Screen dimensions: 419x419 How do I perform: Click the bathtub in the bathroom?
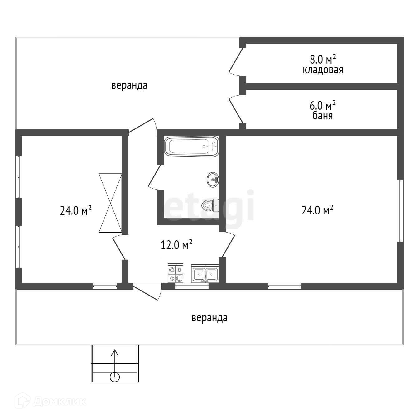[x=191, y=146]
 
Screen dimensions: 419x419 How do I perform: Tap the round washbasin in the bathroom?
[x=213, y=180]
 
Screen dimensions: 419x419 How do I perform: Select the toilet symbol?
[x=210, y=205]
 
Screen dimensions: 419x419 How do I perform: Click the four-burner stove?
[x=176, y=273]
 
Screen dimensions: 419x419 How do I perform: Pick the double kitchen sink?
[x=205, y=274]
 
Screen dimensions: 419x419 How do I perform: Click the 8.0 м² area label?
[x=323, y=59]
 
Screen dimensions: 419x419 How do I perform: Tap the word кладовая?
[x=323, y=70]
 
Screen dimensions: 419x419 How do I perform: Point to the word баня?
[x=322, y=116]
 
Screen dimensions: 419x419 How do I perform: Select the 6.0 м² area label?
[x=322, y=105]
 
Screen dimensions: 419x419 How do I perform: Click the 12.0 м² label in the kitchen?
[x=176, y=245]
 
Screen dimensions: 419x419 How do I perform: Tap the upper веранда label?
[x=129, y=85]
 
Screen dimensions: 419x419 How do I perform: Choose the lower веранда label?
[x=209, y=318]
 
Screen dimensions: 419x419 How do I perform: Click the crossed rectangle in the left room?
[x=110, y=203]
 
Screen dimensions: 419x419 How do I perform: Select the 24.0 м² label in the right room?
[x=317, y=210]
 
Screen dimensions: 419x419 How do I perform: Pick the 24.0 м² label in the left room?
[x=76, y=210]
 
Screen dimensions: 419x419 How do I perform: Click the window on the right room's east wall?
[x=400, y=210]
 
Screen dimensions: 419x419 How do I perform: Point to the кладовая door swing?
[x=236, y=62]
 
